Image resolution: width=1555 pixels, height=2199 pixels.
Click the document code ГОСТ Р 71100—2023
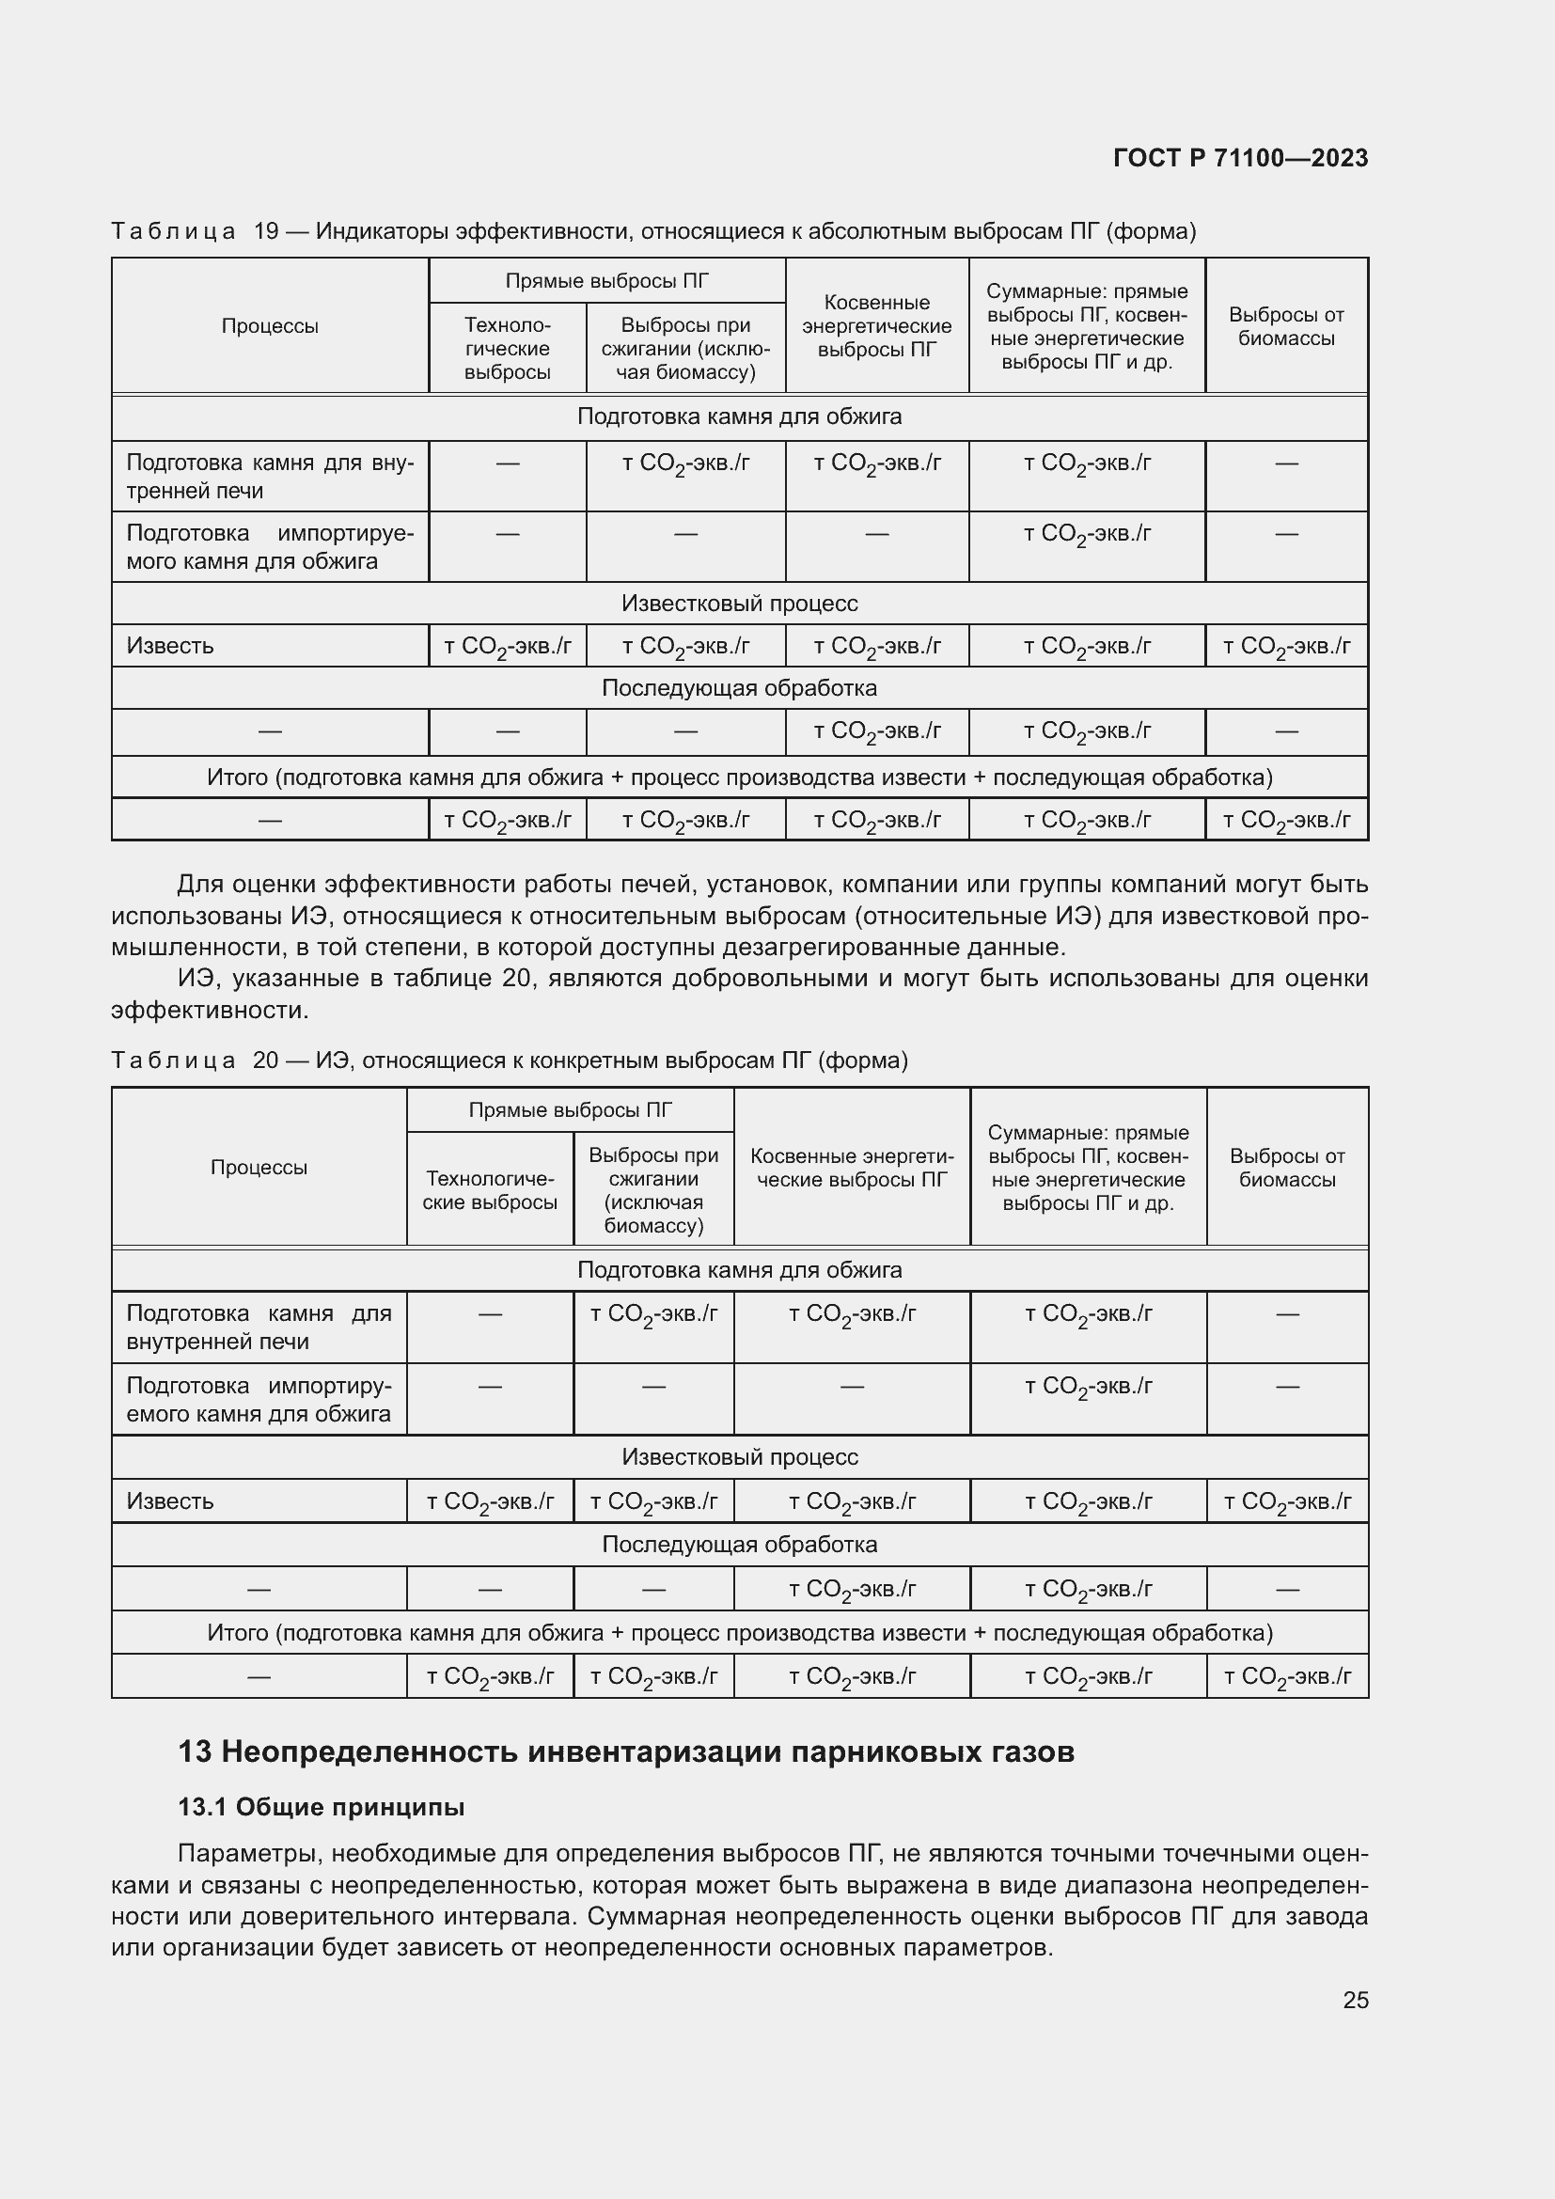[1240, 158]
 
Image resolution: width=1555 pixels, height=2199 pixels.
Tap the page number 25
[1355, 2000]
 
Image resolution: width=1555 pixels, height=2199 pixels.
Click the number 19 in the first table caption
[265, 232]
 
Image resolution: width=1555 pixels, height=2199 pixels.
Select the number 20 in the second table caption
[265, 1060]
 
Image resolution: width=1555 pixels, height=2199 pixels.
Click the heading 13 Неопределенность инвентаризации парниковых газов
[626, 1751]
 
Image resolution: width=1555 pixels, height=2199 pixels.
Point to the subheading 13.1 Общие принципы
[321, 1807]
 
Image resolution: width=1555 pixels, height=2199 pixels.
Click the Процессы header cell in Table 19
[269, 325]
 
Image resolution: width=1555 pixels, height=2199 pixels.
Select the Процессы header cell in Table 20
[259, 1167]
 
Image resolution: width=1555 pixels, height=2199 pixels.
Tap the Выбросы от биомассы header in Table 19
[1286, 325]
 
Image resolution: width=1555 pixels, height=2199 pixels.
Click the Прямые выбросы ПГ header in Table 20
[570, 1110]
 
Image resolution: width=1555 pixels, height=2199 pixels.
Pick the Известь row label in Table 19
[170, 646]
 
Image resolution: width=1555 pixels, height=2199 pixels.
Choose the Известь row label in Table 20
[170, 1500]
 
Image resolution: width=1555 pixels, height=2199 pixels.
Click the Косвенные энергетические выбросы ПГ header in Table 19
[876, 325]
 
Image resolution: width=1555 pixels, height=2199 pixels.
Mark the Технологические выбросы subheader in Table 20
[489, 1190]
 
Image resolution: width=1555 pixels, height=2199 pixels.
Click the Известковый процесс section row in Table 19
[739, 604]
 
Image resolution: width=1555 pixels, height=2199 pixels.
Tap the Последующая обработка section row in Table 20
[739, 1544]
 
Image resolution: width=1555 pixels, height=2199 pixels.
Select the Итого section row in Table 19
[739, 777]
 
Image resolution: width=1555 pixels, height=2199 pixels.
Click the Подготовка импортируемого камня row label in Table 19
[269, 547]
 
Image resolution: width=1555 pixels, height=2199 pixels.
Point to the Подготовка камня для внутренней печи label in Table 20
[259, 1327]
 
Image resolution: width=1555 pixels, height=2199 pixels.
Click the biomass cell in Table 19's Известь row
[1286, 647]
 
